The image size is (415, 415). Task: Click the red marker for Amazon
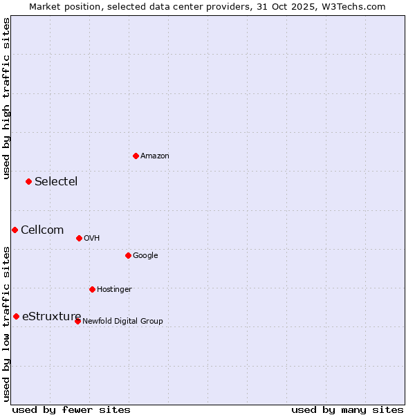pos(136,156)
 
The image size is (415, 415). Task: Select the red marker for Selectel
pos(28,181)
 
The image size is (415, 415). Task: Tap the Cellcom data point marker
pos(15,230)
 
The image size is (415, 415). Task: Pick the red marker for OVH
pos(79,238)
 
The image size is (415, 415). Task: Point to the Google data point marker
pos(128,255)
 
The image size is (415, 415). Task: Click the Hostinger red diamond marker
pos(92,289)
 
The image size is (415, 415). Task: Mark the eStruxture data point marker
pos(16,316)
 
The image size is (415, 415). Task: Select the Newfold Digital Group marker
pos(77,321)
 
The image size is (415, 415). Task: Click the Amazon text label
pos(155,156)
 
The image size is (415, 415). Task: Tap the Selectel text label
pos(56,181)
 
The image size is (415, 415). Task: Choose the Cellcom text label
pos(42,230)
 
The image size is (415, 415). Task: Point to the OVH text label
pos(92,238)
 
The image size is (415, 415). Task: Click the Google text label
pos(145,255)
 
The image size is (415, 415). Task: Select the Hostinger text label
pos(114,289)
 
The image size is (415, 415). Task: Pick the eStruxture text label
pos(51,316)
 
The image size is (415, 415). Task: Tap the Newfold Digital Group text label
pos(122,321)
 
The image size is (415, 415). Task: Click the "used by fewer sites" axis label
pos(71,409)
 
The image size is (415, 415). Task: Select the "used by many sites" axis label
pos(347,409)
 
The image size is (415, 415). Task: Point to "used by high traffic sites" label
pos(6,98)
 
